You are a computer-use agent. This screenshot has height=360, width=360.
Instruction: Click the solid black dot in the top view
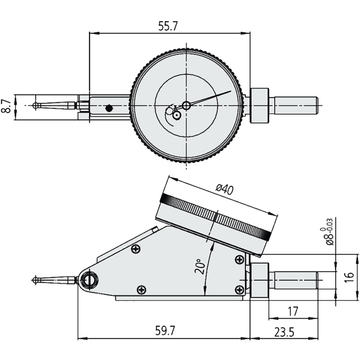pos(108,108)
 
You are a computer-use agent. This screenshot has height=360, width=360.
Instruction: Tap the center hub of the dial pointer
pos(186,105)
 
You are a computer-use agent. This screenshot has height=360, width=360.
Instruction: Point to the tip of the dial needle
pos(230,91)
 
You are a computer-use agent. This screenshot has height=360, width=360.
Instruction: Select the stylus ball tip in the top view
pos(35,105)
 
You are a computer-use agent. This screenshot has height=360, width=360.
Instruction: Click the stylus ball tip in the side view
pos(35,279)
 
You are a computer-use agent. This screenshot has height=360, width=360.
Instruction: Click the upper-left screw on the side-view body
pos(136,249)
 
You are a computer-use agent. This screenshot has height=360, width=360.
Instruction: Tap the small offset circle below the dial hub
pos(176,115)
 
